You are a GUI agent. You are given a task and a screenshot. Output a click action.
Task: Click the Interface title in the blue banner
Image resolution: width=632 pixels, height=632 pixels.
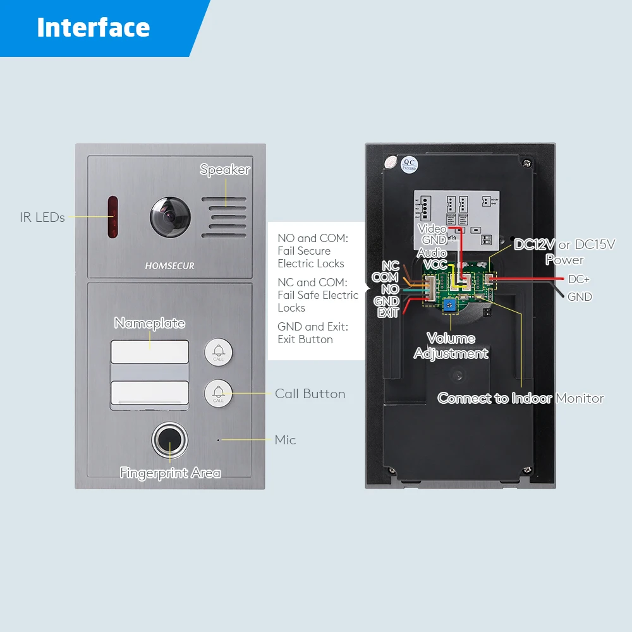tap(94, 28)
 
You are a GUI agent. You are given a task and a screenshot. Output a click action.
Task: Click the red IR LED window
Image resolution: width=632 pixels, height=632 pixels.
tap(112, 217)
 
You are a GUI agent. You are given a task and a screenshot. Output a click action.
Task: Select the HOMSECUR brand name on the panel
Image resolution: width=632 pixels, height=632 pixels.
tap(169, 266)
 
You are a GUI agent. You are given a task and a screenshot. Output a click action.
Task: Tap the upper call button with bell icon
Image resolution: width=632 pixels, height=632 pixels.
tap(218, 352)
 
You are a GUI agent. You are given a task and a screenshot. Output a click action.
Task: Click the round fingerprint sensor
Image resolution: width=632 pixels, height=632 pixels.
tap(169, 441)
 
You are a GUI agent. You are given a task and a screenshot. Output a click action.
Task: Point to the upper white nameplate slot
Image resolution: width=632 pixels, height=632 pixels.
tap(150, 352)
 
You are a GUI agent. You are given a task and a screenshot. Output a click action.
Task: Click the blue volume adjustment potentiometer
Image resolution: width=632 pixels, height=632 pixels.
tap(449, 306)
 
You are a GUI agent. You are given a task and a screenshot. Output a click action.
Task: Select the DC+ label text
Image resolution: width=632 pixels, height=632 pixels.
tap(579, 279)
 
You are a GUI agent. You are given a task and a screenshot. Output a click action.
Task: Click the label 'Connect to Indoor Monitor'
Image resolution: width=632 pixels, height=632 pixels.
tap(520, 398)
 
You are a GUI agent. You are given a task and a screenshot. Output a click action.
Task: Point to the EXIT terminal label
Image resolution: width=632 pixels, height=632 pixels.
tap(388, 313)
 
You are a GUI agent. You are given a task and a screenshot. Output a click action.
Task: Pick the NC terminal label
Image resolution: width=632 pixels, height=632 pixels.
tap(391, 266)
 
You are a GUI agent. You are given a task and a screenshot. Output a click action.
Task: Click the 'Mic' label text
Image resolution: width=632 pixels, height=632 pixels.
tap(285, 440)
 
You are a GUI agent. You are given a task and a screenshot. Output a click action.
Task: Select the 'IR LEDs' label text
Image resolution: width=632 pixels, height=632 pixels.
tap(42, 217)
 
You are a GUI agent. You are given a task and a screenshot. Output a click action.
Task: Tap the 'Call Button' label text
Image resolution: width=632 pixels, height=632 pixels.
tap(310, 394)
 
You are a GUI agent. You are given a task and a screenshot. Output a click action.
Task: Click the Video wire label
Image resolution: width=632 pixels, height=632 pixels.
tap(433, 228)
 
